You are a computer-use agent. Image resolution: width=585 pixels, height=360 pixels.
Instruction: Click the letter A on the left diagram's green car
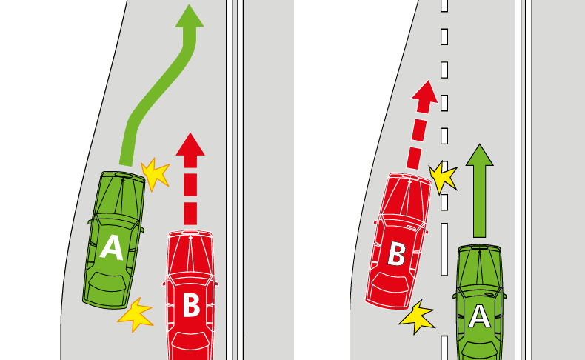click(x=112, y=247)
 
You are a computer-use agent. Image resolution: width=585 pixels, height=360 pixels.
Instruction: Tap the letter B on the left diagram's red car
click(x=191, y=305)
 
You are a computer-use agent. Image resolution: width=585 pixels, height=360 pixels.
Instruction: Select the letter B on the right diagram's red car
click(x=396, y=253)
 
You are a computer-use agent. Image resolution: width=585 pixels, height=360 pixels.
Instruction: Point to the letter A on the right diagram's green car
click(x=479, y=316)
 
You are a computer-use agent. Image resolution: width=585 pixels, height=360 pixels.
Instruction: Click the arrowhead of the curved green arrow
click(x=190, y=16)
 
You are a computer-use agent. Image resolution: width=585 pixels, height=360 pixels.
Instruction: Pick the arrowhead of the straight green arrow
click(x=480, y=156)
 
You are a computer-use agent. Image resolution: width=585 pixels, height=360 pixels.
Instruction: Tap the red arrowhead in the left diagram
click(x=190, y=144)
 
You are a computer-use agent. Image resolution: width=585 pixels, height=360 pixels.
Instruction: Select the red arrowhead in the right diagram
click(x=425, y=93)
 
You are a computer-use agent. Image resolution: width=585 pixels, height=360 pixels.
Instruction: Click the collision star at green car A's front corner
click(x=156, y=174)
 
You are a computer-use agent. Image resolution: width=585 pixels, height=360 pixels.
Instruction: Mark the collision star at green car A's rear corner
click(x=136, y=315)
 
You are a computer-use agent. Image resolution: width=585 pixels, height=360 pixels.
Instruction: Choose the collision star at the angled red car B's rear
click(x=417, y=317)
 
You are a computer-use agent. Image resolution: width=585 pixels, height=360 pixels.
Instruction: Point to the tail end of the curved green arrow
click(x=126, y=164)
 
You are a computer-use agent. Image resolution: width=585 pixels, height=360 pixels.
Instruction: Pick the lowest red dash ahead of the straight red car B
click(x=190, y=216)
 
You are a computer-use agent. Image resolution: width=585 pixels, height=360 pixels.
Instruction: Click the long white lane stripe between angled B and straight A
click(x=444, y=249)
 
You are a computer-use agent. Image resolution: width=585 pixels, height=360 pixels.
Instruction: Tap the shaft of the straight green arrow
click(x=480, y=201)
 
